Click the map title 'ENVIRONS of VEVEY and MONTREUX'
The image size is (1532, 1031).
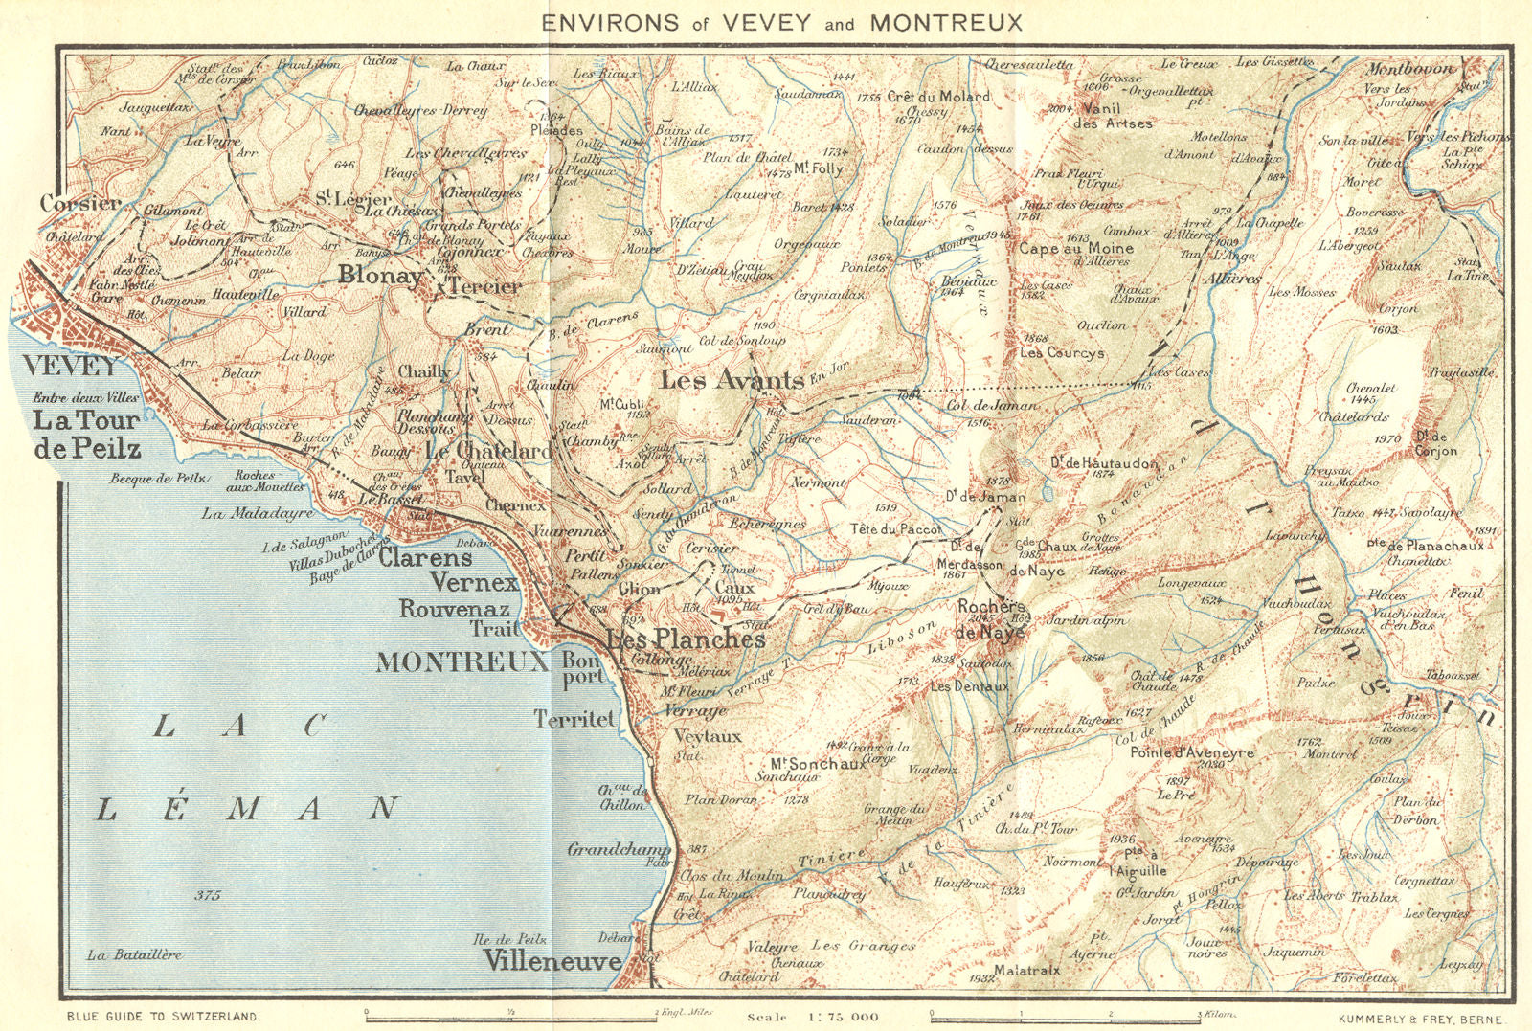[x=782, y=22]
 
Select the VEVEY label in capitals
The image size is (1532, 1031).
[x=70, y=366]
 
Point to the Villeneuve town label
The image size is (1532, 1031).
[x=552, y=960]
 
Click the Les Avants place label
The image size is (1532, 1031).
[x=732, y=381]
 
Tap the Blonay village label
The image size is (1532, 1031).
[x=380, y=276]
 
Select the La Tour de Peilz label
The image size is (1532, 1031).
[x=86, y=434]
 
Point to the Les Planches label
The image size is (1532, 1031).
[x=686, y=639]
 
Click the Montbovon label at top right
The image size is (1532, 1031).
[x=1408, y=69]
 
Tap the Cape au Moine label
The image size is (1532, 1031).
[x=1075, y=248]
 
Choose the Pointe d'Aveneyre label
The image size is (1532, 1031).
[x=1191, y=753]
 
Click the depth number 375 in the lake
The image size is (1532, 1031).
[x=207, y=896]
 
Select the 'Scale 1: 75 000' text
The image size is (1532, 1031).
[x=813, y=1017]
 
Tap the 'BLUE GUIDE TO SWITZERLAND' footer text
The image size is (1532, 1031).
[x=162, y=1017]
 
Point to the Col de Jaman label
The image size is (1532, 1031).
[x=992, y=405]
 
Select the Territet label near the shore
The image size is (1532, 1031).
[x=574, y=719]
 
